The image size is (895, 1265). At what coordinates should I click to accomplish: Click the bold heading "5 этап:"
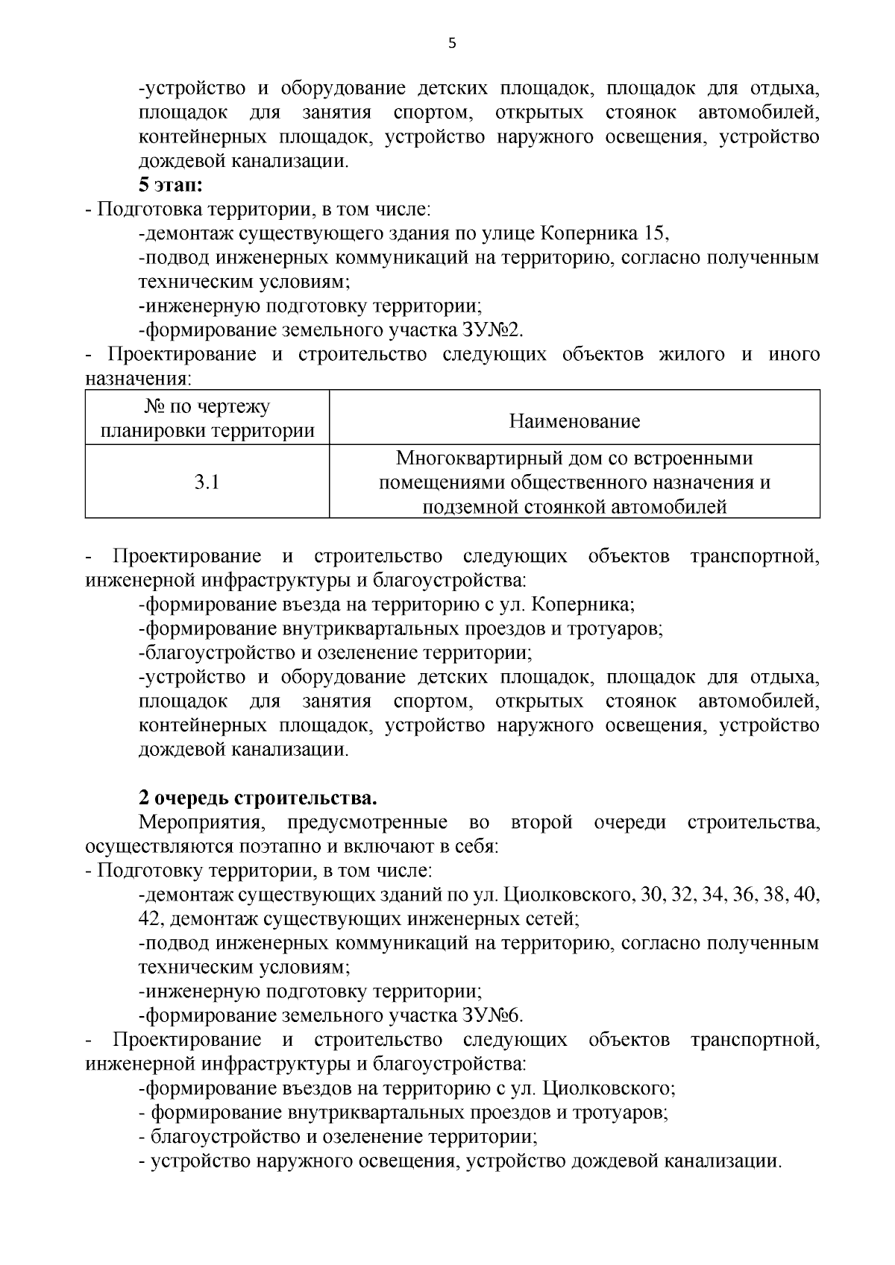coord(172,185)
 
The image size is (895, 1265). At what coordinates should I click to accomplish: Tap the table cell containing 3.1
coord(207,482)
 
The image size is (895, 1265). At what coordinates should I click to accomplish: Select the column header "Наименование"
coord(574,421)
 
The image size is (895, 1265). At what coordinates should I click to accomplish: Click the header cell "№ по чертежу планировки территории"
coord(207,419)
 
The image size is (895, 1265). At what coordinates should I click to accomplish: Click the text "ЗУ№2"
coord(503,330)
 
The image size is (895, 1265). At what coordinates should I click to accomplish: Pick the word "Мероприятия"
coord(197,822)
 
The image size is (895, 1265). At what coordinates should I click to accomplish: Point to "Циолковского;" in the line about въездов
coord(609,1088)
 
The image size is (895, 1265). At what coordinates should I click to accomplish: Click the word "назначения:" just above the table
coord(139,379)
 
